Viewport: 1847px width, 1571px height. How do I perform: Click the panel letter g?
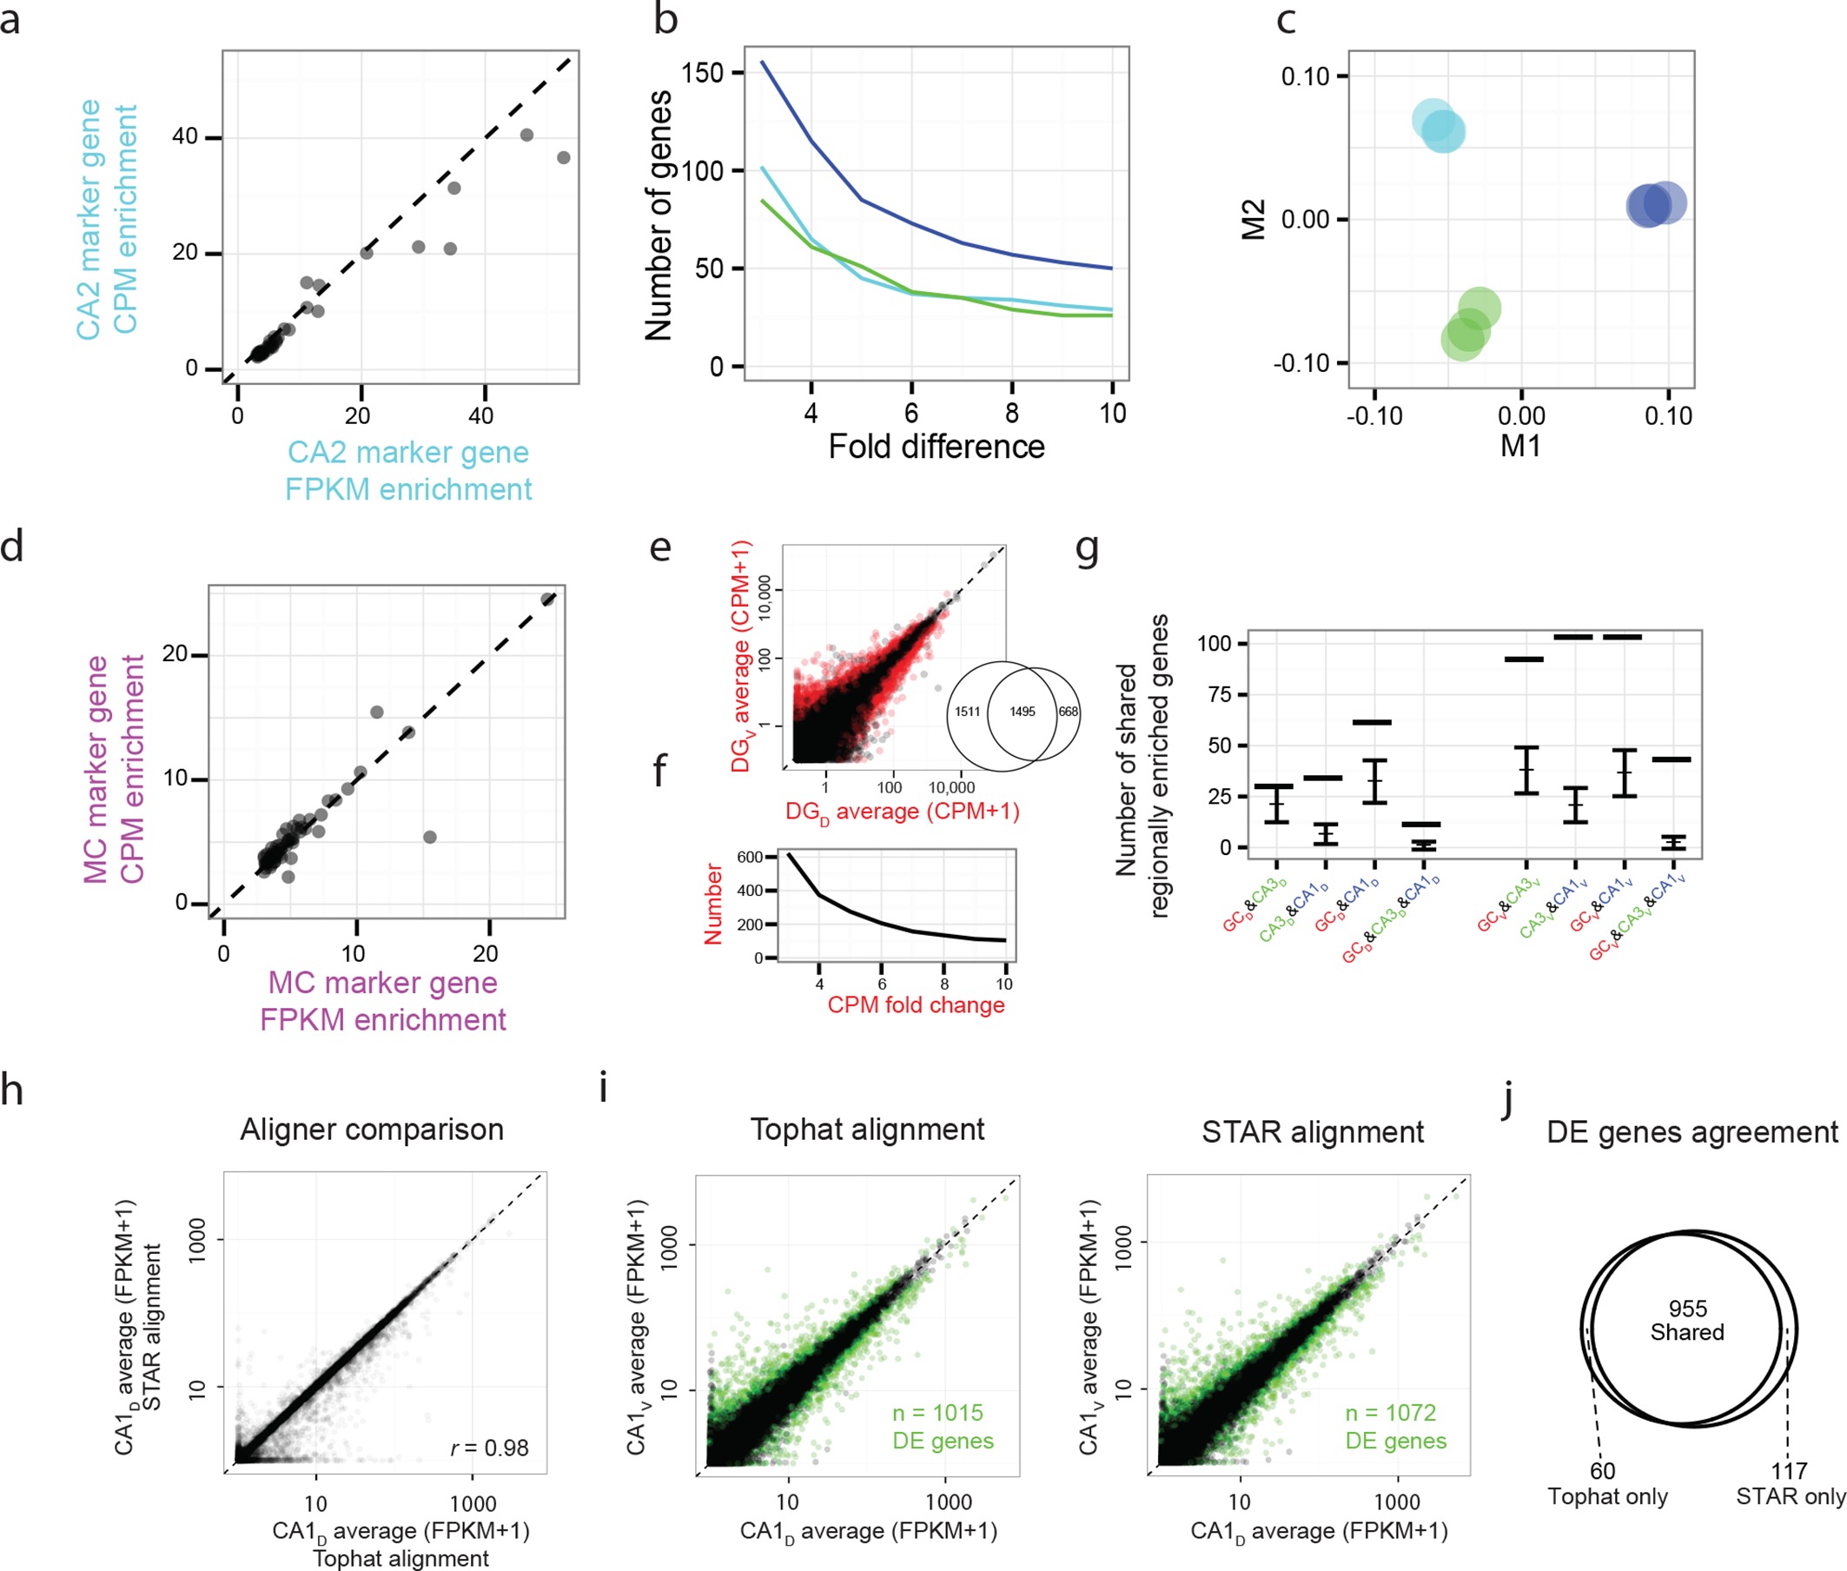(x=1087, y=549)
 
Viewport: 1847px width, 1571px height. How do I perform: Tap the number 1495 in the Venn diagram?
(x=1022, y=712)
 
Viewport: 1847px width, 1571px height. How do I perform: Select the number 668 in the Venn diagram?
(x=1068, y=712)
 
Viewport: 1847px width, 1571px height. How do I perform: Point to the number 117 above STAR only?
(x=1788, y=1471)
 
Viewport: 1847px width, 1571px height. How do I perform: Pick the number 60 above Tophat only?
(x=1602, y=1471)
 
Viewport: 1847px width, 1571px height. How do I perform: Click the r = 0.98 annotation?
(x=489, y=1448)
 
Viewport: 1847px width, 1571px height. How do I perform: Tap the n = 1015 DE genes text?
(x=943, y=1427)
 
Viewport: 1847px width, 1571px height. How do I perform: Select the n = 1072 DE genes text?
(x=1394, y=1427)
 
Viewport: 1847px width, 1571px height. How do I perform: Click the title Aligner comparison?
(x=371, y=1130)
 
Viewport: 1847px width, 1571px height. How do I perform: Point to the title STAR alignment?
(x=1312, y=1132)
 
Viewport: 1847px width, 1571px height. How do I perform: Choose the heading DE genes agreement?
(x=1691, y=1132)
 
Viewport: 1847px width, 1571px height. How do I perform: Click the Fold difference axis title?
(x=936, y=446)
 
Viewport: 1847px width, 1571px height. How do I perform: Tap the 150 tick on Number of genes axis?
(x=702, y=73)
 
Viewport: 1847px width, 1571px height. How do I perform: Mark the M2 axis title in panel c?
(x=1254, y=219)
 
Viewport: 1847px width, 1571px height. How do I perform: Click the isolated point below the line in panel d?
(x=429, y=837)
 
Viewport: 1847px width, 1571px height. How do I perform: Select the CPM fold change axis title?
(x=916, y=1004)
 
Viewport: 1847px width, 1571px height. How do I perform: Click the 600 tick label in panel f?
(x=750, y=857)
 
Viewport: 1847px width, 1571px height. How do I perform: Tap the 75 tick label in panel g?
(x=1220, y=693)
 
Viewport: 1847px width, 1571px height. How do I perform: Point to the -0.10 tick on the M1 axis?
(x=1374, y=416)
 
